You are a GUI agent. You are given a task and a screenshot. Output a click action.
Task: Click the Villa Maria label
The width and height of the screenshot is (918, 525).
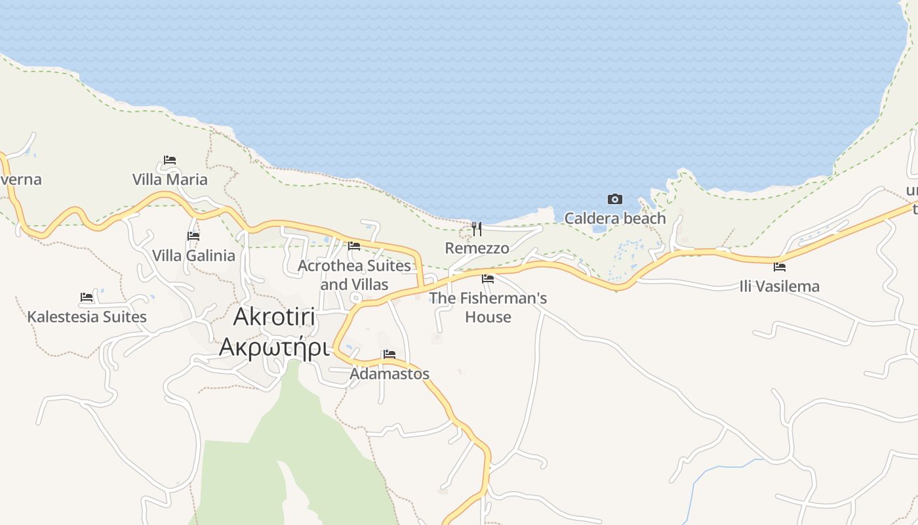tap(170, 179)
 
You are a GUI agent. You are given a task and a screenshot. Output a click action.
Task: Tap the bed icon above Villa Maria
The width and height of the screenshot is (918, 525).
tap(170, 159)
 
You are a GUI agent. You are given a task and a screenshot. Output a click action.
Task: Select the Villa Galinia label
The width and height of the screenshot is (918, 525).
tap(193, 255)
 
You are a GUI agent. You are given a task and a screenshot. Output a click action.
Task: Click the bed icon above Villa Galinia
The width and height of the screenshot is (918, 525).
tap(193, 236)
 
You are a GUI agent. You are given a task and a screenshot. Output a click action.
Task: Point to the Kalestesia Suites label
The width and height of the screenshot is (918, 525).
tap(87, 317)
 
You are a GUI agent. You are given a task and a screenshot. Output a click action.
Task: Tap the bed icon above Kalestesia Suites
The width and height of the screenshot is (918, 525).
tap(87, 297)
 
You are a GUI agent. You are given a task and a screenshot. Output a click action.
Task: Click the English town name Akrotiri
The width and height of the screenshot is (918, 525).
tap(275, 317)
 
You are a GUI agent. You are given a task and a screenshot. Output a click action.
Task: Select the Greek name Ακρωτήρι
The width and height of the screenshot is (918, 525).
tap(273, 346)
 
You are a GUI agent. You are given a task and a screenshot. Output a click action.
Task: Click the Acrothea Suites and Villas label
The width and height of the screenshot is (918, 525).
tap(354, 275)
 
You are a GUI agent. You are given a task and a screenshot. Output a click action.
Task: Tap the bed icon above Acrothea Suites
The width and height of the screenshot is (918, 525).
tap(354, 245)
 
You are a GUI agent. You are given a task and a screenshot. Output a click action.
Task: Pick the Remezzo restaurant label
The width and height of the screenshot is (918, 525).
tap(477, 248)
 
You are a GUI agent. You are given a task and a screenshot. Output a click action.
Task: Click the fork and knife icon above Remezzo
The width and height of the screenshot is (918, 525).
tap(477, 228)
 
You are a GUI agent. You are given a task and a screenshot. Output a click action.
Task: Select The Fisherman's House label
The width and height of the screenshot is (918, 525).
tap(488, 307)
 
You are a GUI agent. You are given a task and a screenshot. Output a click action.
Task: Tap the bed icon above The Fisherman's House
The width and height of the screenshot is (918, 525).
tap(488, 278)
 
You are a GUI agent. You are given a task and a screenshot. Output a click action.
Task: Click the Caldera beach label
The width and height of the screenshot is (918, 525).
tap(615, 218)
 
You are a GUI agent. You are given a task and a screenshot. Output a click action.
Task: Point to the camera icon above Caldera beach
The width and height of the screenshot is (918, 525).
tap(615, 199)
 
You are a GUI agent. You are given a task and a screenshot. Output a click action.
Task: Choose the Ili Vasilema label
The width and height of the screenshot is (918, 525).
tap(779, 286)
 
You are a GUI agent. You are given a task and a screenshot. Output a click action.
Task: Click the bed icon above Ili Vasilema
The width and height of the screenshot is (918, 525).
tap(780, 266)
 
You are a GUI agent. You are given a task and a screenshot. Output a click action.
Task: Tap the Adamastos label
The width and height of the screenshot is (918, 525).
tap(389, 373)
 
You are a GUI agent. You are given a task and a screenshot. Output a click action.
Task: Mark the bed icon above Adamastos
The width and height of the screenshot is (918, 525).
tap(389, 354)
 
